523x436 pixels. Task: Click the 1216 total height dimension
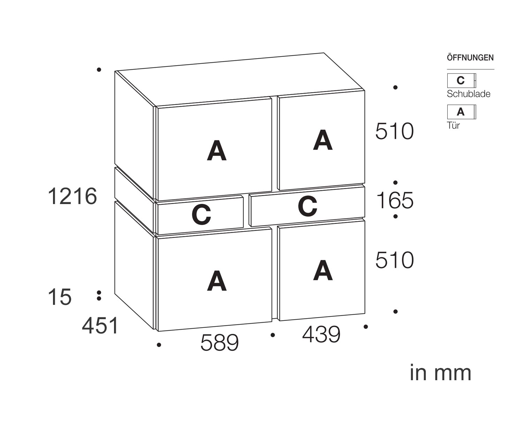click(x=72, y=196)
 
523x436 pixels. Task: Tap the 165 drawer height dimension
click(x=395, y=201)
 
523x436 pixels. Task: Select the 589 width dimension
click(x=219, y=343)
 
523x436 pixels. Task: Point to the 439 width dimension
click(x=321, y=334)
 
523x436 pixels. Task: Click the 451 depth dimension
click(x=100, y=326)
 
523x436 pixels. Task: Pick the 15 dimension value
click(x=60, y=298)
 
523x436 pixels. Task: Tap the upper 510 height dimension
click(x=394, y=131)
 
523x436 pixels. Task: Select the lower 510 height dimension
click(x=394, y=261)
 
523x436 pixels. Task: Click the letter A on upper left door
click(x=217, y=151)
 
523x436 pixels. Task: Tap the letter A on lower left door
click(x=217, y=281)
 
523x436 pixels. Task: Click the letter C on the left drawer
click(x=201, y=215)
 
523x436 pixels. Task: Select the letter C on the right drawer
click(x=308, y=206)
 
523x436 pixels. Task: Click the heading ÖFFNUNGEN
click(x=470, y=58)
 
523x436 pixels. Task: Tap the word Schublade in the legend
click(x=469, y=94)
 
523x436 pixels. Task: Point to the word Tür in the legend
click(x=453, y=126)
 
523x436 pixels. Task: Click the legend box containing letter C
click(x=461, y=81)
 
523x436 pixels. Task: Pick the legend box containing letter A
click(x=461, y=112)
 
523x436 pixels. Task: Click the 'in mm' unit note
click(x=441, y=373)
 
